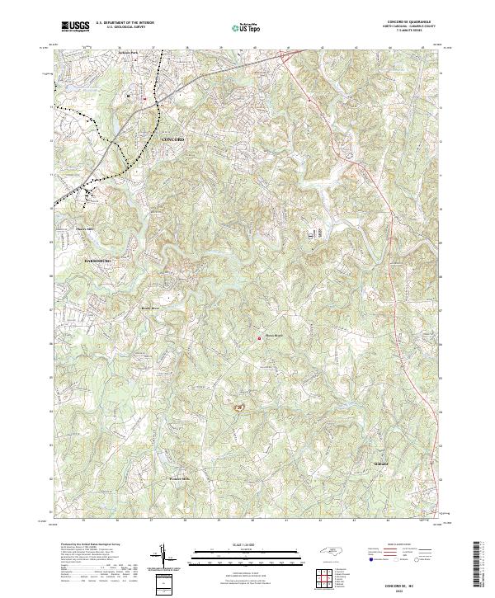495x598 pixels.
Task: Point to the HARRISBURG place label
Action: pyautogui.click(x=99, y=261)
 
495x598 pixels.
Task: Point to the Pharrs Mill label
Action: pyautogui.click(x=86, y=228)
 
